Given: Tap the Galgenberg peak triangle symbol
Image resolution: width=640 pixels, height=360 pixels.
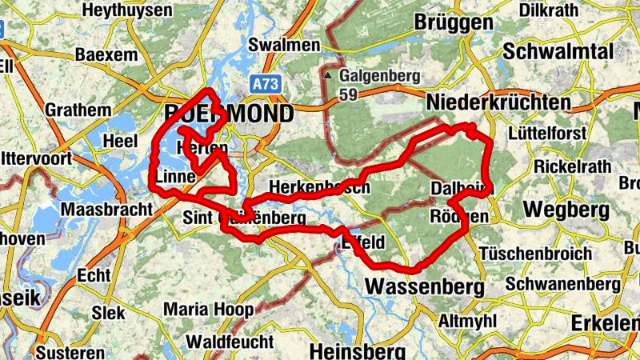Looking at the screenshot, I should tap(328, 76).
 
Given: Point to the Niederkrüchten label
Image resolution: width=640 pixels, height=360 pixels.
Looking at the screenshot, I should tap(498, 102).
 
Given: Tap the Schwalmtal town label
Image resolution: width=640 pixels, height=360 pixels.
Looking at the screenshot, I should tap(558, 50).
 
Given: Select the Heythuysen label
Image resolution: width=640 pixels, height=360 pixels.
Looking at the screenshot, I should tap(127, 10).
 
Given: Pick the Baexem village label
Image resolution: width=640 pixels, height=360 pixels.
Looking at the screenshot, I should tap(107, 55).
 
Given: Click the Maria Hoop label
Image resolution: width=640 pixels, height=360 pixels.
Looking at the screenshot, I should tap(208, 309).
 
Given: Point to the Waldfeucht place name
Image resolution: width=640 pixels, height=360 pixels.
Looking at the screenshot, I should tap(229, 342).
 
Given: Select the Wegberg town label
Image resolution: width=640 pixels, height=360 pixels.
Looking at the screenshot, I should tap(566, 210).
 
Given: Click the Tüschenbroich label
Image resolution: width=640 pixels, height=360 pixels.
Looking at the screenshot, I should tap(536, 253).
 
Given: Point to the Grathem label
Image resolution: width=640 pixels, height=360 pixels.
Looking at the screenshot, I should tap(78, 109).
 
